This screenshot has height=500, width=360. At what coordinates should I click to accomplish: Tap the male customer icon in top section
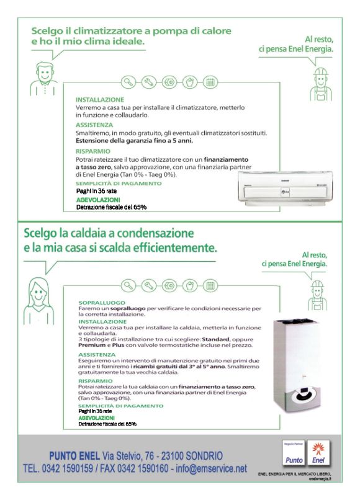(42, 78)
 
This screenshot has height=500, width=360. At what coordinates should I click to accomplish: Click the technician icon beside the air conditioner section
(320, 84)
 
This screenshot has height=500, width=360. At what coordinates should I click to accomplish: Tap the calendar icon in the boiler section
(210, 286)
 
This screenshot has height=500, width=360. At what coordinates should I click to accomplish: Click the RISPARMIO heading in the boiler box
(95, 380)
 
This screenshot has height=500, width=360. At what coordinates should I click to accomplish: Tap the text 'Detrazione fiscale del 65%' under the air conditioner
(111, 207)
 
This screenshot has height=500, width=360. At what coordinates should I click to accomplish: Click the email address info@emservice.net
(214, 468)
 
